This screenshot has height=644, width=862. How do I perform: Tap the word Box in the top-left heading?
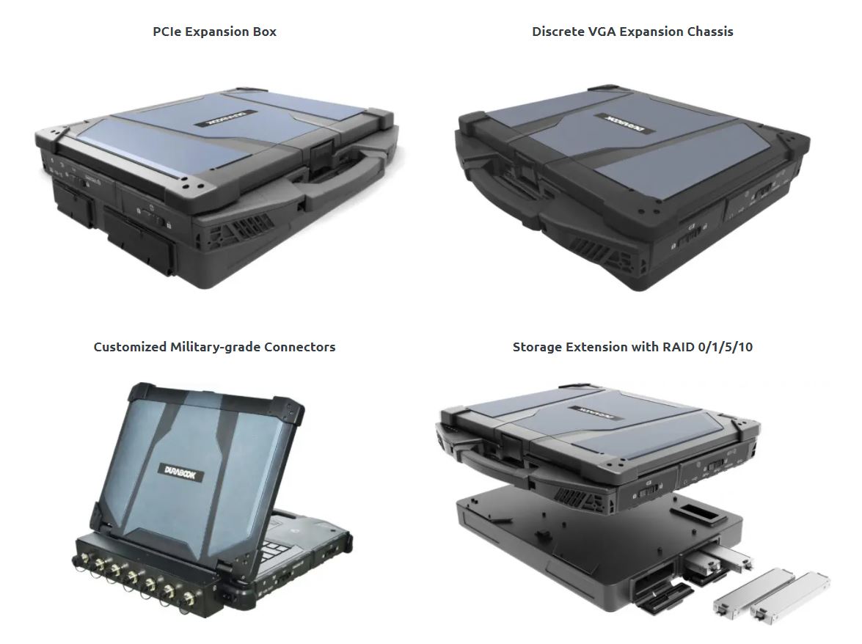(x=264, y=32)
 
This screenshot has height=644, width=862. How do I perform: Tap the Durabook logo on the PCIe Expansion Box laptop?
(x=224, y=118)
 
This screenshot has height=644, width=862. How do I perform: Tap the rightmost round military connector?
(x=189, y=597)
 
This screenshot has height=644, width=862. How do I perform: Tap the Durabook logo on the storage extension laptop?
(x=598, y=413)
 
